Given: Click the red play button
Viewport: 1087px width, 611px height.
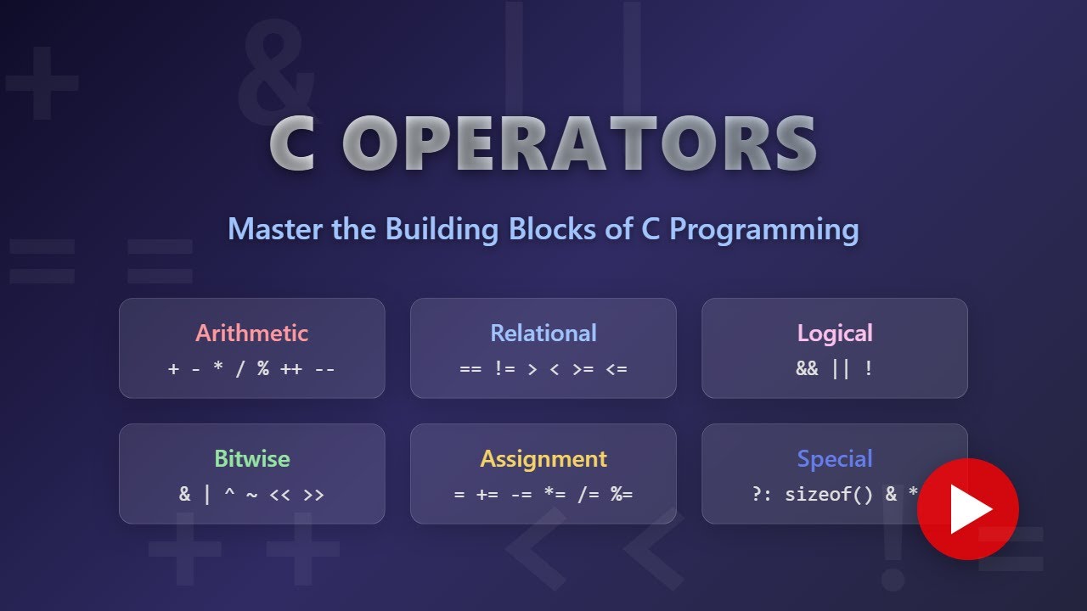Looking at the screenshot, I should click(x=968, y=508).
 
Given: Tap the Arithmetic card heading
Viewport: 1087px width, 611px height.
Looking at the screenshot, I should click(x=252, y=333).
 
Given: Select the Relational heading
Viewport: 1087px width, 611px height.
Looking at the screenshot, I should click(x=543, y=333).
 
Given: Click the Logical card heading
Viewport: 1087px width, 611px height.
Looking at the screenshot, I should click(x=835, y=333).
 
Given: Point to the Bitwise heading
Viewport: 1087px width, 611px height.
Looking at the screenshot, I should click(x=252, y=459).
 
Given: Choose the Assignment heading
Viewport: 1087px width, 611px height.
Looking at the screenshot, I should click(x=543, y=459).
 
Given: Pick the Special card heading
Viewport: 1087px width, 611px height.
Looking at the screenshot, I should click(x=835, y=459).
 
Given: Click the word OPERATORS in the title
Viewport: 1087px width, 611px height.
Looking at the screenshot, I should click(x=580, y=146).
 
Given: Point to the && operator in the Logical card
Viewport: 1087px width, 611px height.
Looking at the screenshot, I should click(x=807, y=369).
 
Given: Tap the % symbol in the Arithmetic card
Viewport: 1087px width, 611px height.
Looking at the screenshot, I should click(x=263, y=369).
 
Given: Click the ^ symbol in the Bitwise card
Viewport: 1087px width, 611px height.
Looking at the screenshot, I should click(x=229, y=495).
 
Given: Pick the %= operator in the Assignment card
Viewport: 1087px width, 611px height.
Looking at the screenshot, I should click(x=621, y=495).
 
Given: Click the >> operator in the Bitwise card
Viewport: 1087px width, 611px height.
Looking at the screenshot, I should click(x=313, y=495).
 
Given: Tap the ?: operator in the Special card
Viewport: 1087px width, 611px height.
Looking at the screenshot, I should click(x=762, y=495).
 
